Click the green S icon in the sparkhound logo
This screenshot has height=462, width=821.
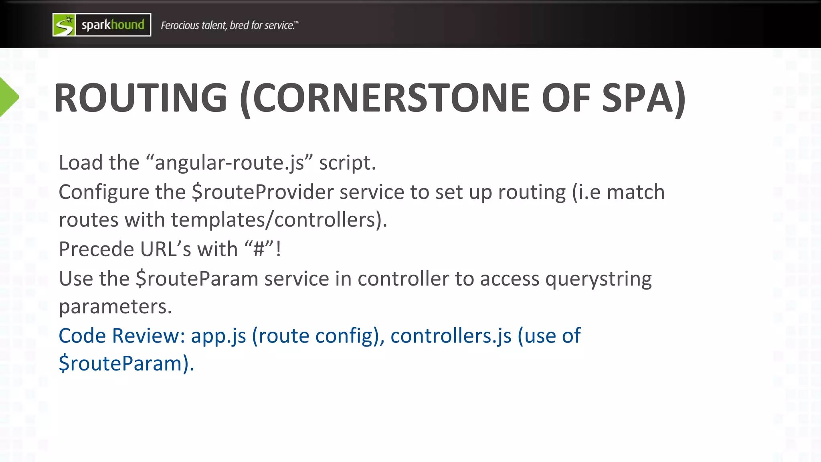pos(64,25)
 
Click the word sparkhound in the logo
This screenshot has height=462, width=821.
pos(113,25)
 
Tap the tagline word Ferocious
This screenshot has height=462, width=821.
pos(180,25)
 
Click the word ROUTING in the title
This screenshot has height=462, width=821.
pos(141,98)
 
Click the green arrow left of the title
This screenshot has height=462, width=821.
pos(8,97)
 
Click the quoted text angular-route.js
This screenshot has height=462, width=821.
pos(229,163)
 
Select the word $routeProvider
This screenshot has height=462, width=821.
pos(263,192)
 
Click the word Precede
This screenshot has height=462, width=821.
pos(96,249)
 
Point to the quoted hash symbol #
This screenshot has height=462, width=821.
pos(259,249)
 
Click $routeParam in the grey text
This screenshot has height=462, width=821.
pos(197,279)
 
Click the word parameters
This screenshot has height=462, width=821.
pos(115,307)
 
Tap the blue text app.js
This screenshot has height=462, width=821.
pos(218,336)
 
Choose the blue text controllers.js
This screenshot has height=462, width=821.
pos(451,336)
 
